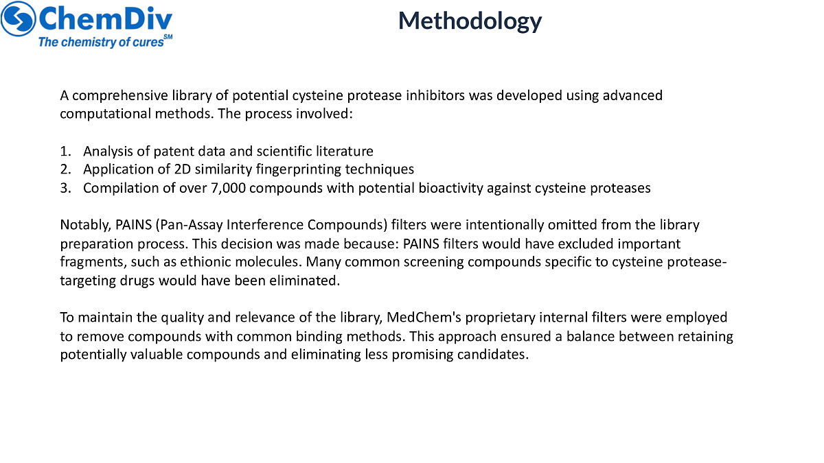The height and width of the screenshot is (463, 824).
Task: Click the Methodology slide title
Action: [470, 21]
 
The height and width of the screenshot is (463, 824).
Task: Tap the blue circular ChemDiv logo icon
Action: [19, 19]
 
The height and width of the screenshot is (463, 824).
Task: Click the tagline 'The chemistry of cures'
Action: [101, 42]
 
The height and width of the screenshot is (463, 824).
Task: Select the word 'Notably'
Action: [81, 225]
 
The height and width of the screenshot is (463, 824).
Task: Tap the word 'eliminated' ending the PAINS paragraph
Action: [306, 280]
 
